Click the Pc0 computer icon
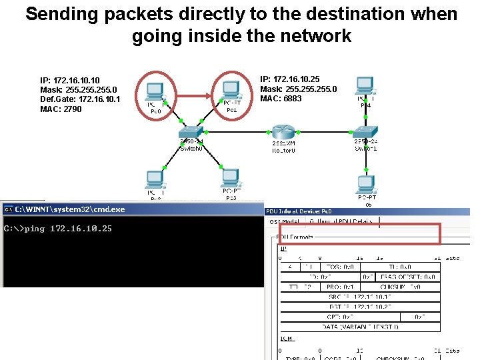155,92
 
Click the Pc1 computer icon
231,91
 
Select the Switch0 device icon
191,132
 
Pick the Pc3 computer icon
230,178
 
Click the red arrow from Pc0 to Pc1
193,96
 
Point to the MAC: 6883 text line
281,99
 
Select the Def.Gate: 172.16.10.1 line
81,99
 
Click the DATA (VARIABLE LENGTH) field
359,327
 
